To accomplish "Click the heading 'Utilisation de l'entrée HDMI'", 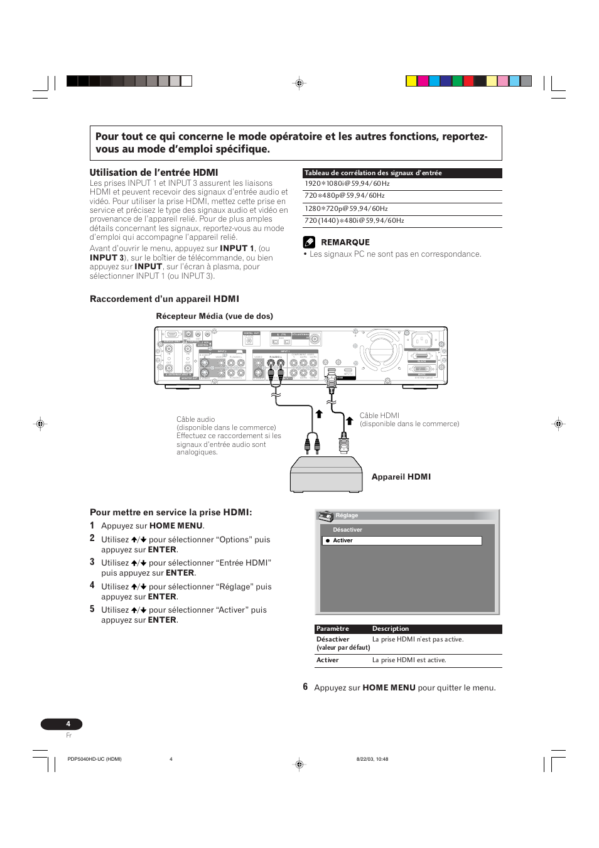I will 154,173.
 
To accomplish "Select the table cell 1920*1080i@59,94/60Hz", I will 347,184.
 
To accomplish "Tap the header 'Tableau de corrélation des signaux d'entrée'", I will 373,173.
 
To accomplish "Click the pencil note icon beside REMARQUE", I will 309,242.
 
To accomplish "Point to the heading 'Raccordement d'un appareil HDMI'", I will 165,299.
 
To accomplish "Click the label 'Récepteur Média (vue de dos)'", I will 214,316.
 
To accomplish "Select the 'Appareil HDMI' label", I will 401,477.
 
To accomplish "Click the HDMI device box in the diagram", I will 326,475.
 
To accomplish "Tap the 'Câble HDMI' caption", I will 379,416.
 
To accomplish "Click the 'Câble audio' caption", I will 195,419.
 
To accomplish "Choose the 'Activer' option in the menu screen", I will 343,540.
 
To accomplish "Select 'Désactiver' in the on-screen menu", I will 347,530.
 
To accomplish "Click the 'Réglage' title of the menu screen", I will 347,515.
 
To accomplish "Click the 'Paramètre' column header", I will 333,629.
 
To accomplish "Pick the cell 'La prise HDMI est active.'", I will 409,660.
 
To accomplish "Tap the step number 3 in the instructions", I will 92,562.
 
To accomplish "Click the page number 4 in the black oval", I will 68,724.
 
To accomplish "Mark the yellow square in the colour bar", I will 411,81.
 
